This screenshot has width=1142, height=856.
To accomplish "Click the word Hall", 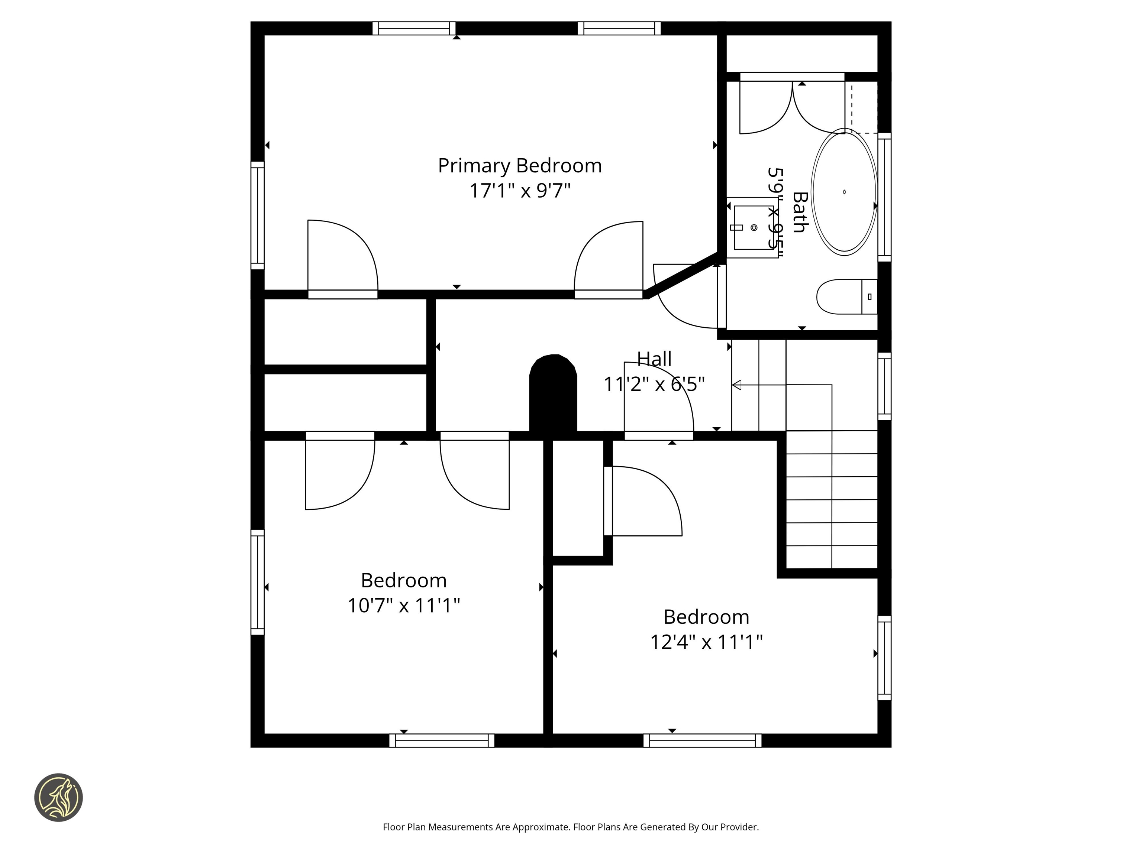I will tap(654, 359).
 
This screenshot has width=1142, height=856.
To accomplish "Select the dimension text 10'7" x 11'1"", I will tap(403, 605).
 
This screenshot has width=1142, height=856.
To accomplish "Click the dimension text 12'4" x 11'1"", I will tap(706, 642).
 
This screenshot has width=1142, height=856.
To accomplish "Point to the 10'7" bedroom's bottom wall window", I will tap(441, 740).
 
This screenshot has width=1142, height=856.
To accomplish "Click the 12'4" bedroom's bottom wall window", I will tap(702, 740).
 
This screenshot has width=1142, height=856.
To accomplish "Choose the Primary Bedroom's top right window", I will tap(619, 28).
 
